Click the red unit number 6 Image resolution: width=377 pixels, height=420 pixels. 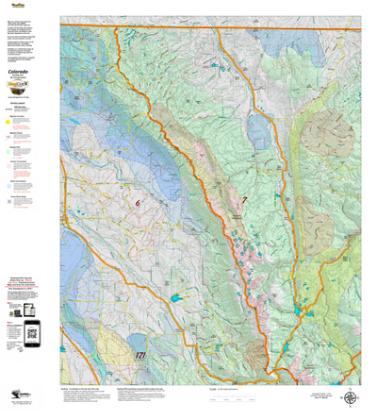138,203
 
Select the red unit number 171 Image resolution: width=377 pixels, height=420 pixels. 140,354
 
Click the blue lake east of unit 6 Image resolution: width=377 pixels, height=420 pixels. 175,299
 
